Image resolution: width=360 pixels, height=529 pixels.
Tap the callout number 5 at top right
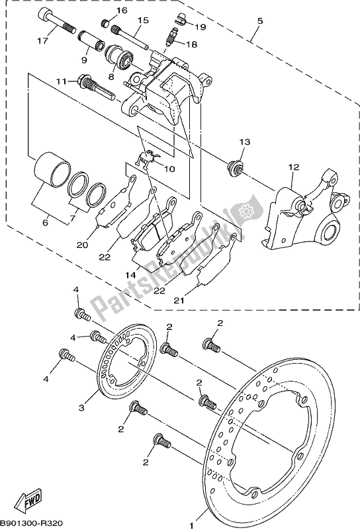[259, 21]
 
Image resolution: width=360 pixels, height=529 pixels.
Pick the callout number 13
[245, 142]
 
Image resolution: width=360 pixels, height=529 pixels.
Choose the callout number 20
[81, 245]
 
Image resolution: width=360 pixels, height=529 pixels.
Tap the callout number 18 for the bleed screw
[192, 44]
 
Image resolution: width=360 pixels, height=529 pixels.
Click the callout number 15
[142, 21]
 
